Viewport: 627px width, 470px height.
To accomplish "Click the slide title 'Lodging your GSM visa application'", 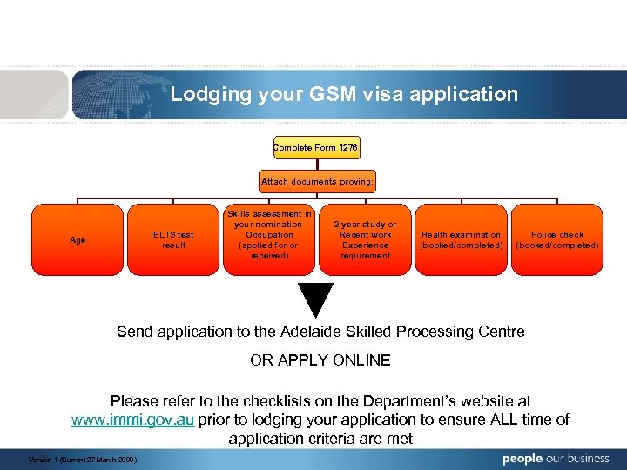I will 343,94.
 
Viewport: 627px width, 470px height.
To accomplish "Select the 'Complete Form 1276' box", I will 316,148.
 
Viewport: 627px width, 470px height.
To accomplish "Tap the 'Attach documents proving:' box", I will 316,182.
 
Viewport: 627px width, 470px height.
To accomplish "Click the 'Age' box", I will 78,239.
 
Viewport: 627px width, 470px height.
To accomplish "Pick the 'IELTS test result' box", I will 172,239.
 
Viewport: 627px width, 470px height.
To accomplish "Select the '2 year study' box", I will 366,239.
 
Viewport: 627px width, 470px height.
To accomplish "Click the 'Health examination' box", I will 461,239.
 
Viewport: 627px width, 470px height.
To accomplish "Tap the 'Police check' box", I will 556,239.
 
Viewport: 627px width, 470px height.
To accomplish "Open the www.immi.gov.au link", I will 132,420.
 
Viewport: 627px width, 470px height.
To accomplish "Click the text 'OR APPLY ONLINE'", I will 320,360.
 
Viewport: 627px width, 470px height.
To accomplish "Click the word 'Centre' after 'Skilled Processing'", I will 499,332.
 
